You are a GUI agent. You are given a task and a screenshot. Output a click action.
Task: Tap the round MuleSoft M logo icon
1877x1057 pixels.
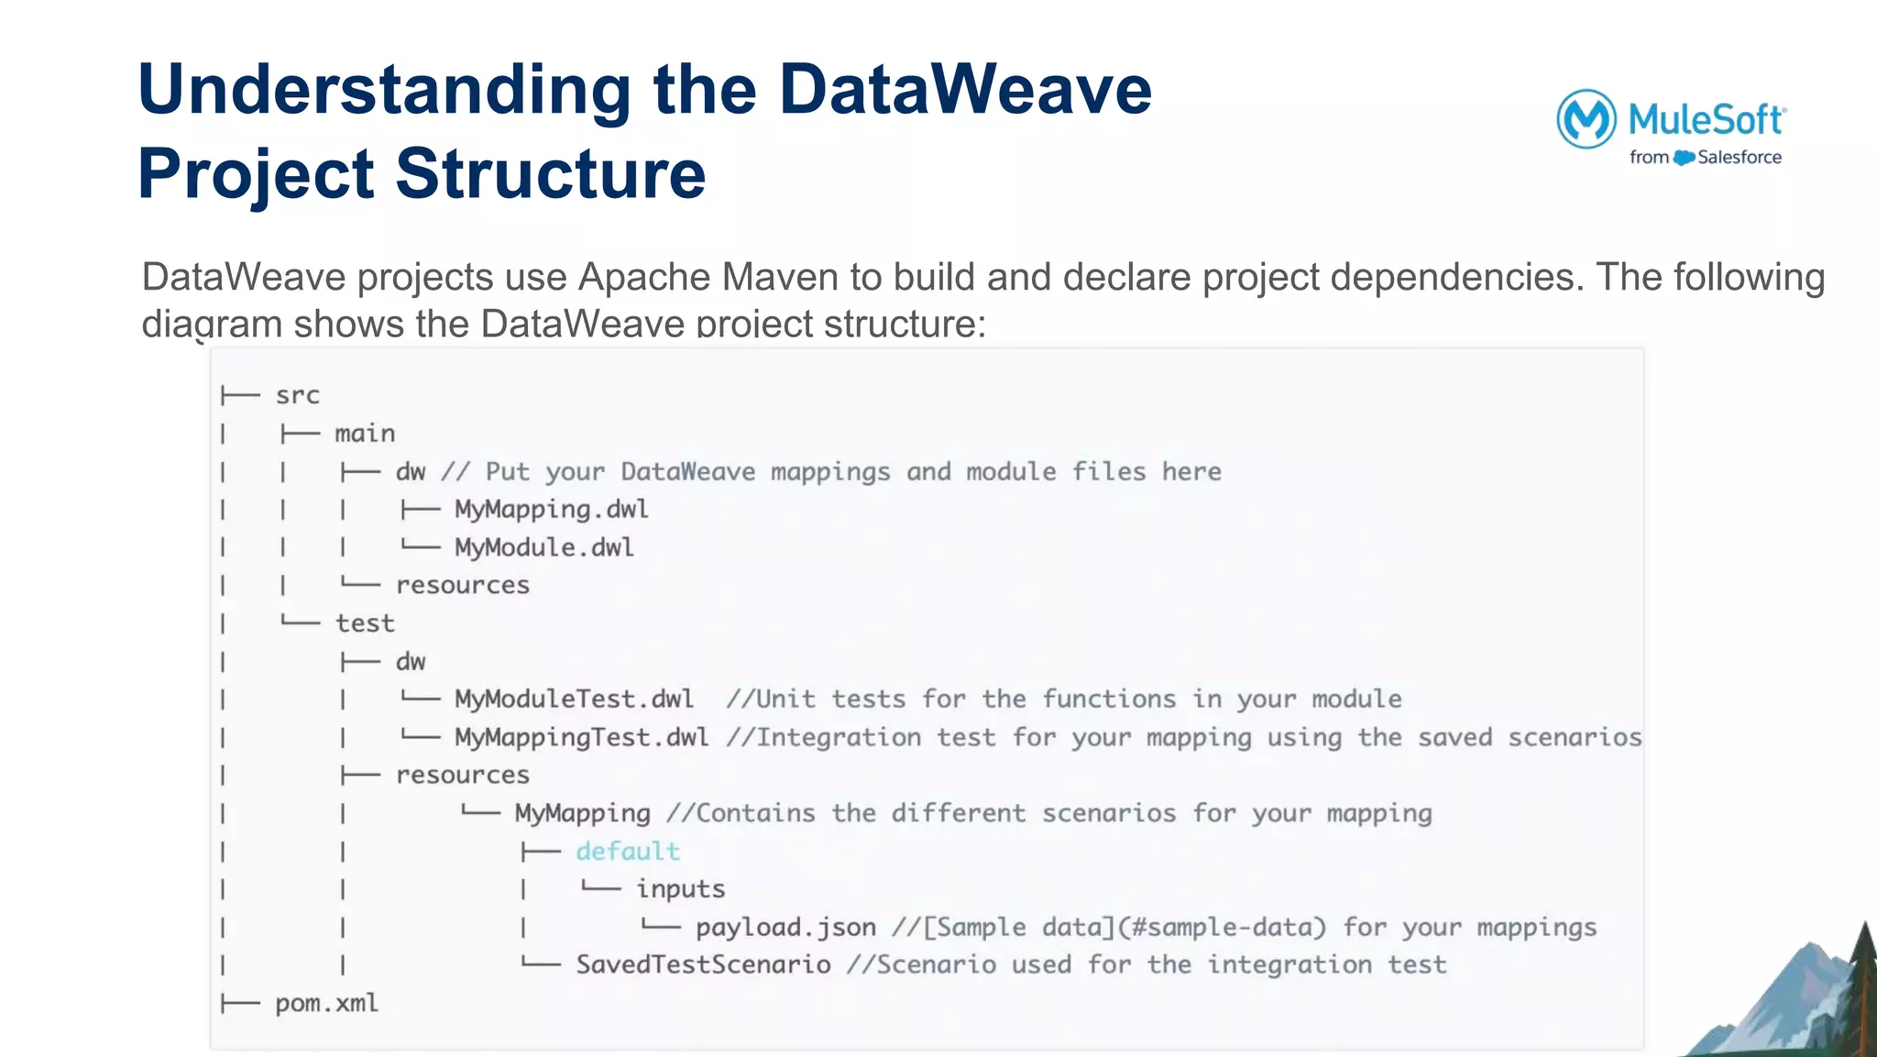coord(1586,119)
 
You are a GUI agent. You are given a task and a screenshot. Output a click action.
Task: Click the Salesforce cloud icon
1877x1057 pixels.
coord(1684,158)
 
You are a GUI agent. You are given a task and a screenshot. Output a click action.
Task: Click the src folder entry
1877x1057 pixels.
coord(297,395)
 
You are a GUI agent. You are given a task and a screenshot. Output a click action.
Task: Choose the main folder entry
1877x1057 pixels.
coord(365,434)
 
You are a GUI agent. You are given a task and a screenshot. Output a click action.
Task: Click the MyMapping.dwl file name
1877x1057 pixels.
coord(551,510)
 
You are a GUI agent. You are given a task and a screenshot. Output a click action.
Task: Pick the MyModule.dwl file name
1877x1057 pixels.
coord(543,547)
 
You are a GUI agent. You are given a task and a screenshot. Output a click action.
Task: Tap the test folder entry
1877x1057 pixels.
coord(365,623)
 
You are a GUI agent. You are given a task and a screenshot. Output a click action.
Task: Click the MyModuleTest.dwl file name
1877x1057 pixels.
coord(574,699)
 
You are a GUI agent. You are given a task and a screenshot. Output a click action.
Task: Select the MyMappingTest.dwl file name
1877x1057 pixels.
coord(581,738)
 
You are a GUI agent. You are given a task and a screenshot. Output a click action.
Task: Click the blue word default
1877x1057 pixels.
coord(628,852)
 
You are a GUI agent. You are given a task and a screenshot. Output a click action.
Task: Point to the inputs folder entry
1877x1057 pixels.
coord(680,889)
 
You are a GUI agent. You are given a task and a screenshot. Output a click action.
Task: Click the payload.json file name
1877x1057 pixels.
coord(785,928)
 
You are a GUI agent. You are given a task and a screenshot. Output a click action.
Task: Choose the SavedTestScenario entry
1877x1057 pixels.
coord(703,965)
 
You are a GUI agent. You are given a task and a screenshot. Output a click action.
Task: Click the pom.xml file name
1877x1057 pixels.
coord(326,1004)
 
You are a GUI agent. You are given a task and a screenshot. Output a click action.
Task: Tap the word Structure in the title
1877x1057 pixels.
coord(550,174)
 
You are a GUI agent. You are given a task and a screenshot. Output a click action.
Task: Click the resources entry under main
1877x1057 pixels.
coord(462,586)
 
